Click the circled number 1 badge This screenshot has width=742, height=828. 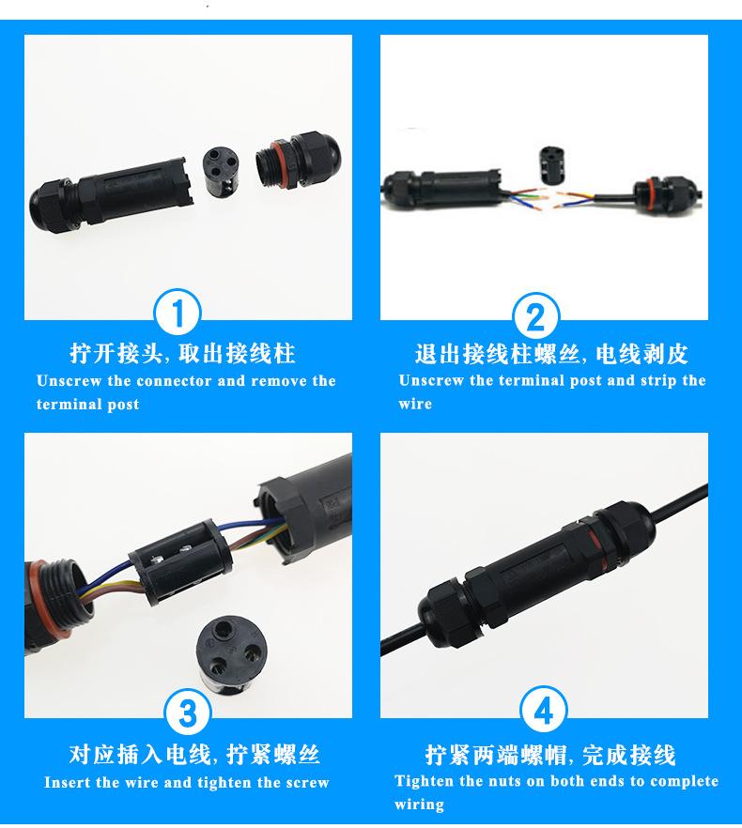click(x=178, y=314)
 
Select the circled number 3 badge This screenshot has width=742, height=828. click(x=188, y=714)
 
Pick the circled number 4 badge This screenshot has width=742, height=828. click(x=544, y=713)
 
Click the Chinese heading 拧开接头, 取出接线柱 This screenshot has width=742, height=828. click(x=182, y=354)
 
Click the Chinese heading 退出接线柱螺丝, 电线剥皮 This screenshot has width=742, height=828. click(x=551, y=354)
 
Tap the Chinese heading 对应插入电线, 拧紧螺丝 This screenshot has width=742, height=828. click(x=194, y=755)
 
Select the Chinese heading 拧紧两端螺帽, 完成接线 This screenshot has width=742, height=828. click(x=549, y=755)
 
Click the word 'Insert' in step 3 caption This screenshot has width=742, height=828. click(x=67, y=782)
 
